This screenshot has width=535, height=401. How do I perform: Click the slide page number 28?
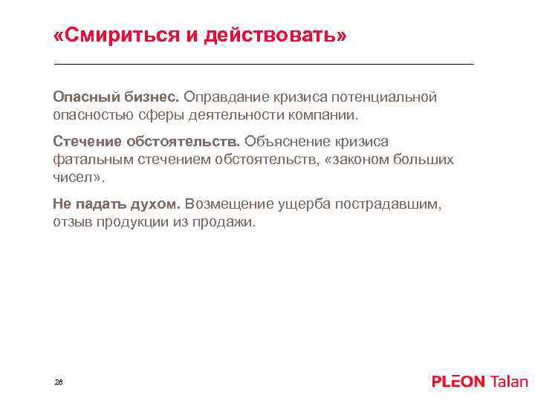59,382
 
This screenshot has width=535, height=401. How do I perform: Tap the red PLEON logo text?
458,382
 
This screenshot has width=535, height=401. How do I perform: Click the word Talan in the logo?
509,382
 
